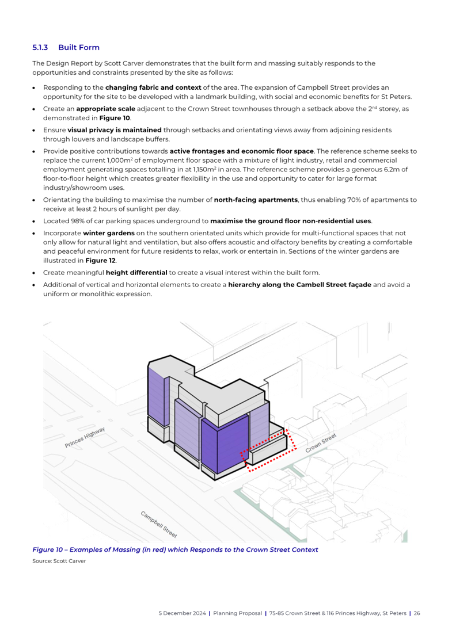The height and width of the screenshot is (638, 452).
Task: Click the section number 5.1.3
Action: [x=40, y=47]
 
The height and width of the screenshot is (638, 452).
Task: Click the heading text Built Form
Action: [x=78, y=47]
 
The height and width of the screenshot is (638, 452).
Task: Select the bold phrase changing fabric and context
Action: [x=137, y=87]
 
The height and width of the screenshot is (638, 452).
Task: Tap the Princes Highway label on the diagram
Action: [x=85, y=437]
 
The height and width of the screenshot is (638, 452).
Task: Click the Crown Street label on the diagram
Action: [x=320, y=444]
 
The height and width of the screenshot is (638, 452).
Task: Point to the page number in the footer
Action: [x=417, y=613]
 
